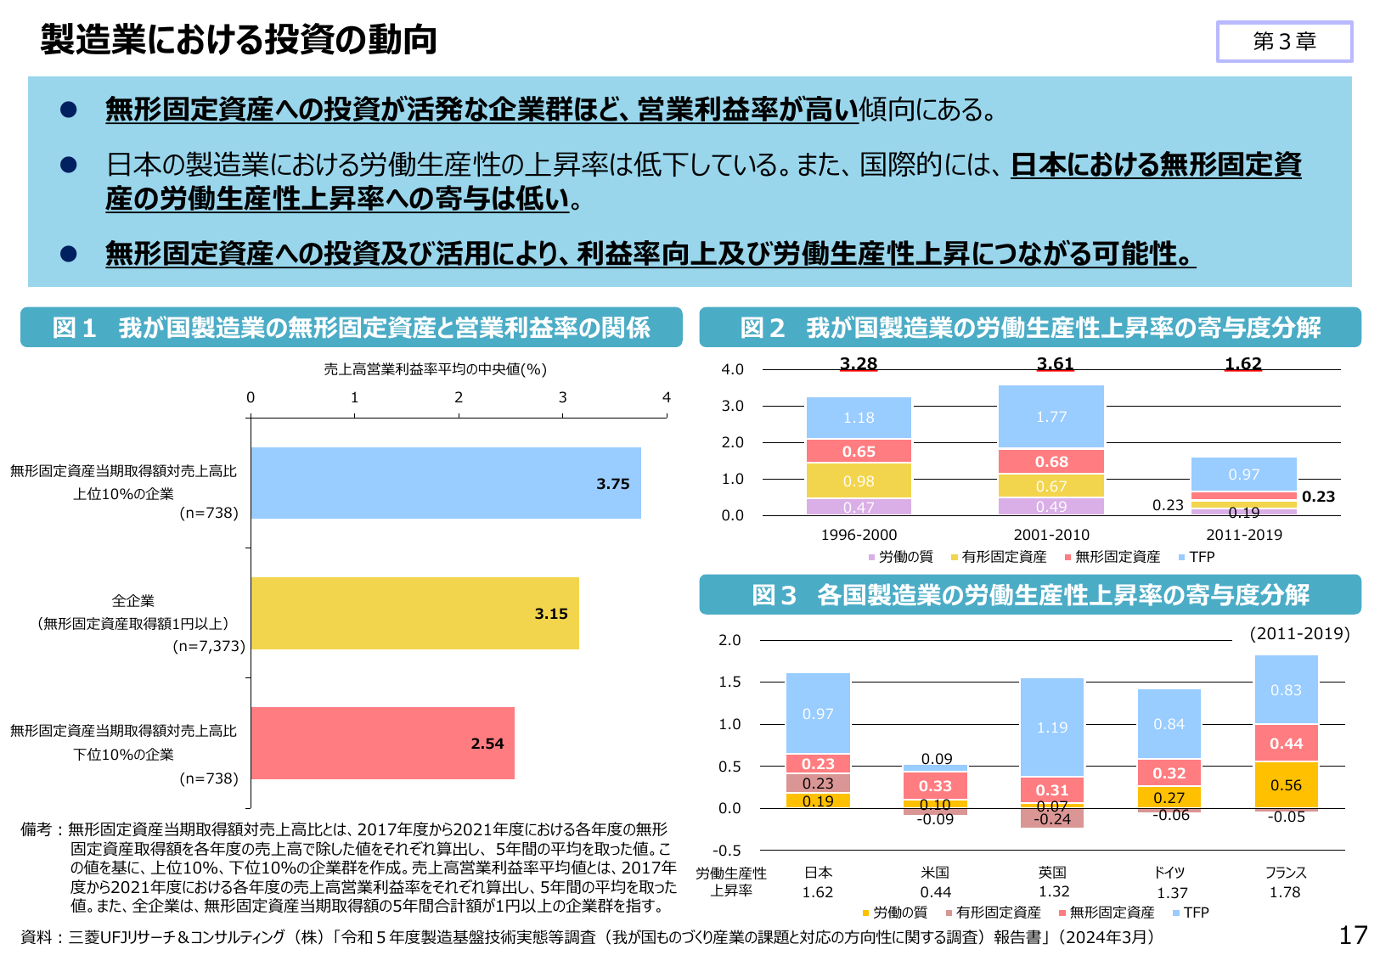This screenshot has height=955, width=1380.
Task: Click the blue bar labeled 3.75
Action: pyautogui.click(x=446, y=483)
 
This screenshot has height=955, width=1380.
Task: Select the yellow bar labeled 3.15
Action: pyautogui.click(x=414, y=613)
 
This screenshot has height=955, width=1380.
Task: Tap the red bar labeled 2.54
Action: pyautogui.click(x=382, y=743)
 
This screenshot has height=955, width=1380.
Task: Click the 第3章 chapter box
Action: pyautogui.click(x=1284, y=42)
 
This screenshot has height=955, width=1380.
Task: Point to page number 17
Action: pyautogui.click(x=1353, y=935)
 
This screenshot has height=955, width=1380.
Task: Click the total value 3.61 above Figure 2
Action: pyautogui.click(x=1055, y=364)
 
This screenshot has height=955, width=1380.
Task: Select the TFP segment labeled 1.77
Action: pyautogui.click(x=1051, y=417)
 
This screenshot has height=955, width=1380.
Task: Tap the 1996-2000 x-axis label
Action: pyautogui.click(x=859, y=535)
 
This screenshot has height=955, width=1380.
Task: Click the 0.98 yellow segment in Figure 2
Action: pyautogui.click(x=859, y=481)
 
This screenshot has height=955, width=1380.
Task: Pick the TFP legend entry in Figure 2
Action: pyautogui.click(x=1197, y=557)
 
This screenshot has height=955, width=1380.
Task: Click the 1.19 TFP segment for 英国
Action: pyautogui.click(x=1051, y=727)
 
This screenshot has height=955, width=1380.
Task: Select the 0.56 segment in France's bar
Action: pyautogui.click(x=1286, y=785)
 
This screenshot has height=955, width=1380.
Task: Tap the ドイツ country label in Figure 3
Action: pyautogui.click(x=1169, y=873)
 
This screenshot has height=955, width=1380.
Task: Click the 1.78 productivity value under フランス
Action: pyautogui.click(x=1285, y=892)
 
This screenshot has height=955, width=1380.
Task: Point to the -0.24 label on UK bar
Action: pyautogui.click(x=1051, y=819)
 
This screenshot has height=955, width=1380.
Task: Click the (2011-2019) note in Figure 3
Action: pyautogui.click(x=1299, y=634)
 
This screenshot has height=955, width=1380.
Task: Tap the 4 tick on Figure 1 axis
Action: pyautogui.click(x=667, y=397)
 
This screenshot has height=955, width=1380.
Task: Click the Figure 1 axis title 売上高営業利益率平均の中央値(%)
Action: pyautogui.click(x=435, y=369)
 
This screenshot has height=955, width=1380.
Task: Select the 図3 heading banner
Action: pyautogui.click(x=1029, y=595)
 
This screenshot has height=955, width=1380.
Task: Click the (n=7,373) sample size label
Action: pyautogui.click(x=209, y=646)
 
